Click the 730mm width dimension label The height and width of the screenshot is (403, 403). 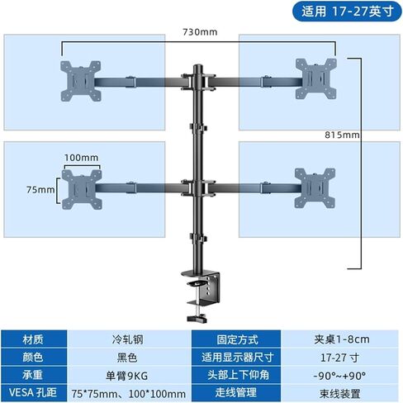(200, 32)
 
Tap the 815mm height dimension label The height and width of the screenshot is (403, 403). (342, 135)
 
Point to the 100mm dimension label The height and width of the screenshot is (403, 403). (81, 158)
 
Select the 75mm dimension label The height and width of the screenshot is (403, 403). (40, 189)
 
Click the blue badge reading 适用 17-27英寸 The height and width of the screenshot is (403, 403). (347, 12)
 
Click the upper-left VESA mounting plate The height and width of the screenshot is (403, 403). (80, 81)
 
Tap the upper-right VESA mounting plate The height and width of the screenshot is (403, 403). (315, 78)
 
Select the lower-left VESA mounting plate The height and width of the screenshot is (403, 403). (82, 189)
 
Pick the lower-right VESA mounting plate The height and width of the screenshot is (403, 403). (315, 188)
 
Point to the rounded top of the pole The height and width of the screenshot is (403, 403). (197, 67)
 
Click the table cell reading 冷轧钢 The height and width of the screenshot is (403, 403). (127, 339)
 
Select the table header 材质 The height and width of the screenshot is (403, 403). (34, 339)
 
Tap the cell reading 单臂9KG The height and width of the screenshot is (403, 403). (127, 376)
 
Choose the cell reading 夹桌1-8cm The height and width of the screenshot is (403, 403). (341, 339)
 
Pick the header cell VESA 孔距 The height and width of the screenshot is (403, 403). (34, 393)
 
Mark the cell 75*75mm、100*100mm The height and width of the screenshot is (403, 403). (129, 393)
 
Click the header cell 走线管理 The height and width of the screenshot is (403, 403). (236, 393)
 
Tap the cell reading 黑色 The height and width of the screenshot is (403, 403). (127, 358)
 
